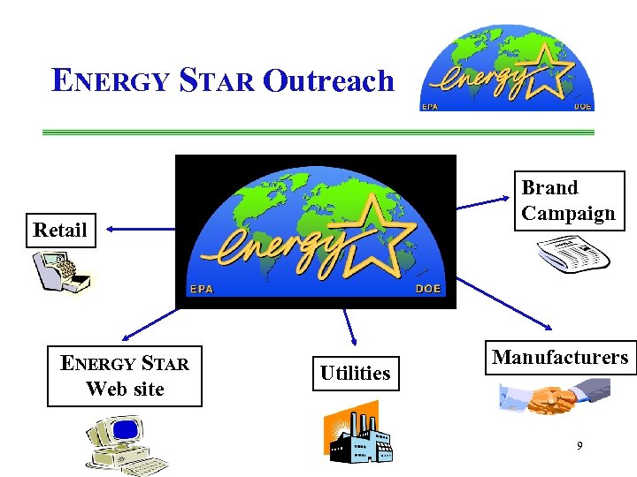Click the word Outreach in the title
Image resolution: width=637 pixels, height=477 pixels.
pos(328,81)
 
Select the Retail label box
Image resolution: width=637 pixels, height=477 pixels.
pos(60,231)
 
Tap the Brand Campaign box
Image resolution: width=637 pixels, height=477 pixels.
pos(569,201)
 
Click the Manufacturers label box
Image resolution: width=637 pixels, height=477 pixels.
pos(560,358)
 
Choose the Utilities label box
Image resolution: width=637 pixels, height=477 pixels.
pos(355,374)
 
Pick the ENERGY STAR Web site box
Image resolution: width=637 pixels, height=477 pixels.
pos(124,376)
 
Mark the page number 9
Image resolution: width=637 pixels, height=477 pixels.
pos(579,446)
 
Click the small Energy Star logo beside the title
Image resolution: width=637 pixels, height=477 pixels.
pos(507,70)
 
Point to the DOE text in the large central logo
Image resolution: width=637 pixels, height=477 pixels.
pos(428,290)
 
